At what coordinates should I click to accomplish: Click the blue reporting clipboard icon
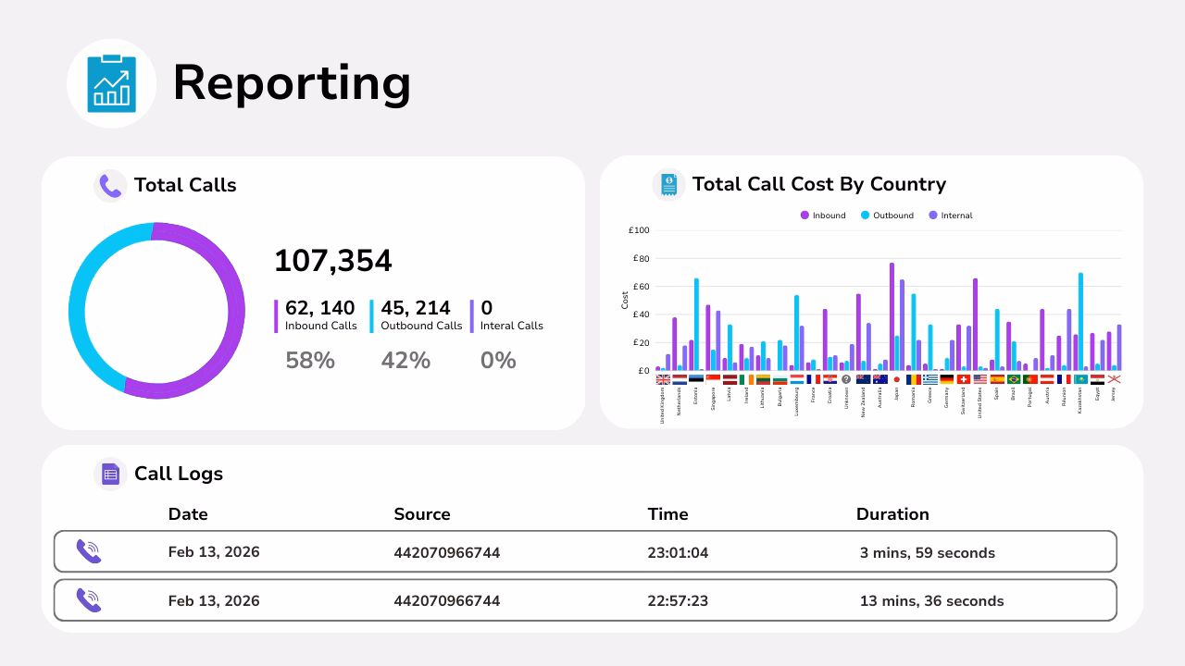point(111,83)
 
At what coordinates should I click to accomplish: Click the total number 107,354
point(333,261)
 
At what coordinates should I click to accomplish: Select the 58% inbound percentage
point(310,361)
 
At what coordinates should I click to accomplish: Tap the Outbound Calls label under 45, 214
point(421,326)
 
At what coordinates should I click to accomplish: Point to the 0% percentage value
point(498,361)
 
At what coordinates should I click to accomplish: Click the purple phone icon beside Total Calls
point(110,186)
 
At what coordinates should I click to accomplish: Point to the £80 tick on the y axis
point(641,259)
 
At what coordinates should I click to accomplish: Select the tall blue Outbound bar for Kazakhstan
point(1080,321)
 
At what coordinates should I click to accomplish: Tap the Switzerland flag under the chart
point(964,379)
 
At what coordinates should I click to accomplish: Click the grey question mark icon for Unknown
point(846,379)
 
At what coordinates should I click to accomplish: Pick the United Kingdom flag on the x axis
point(663,379)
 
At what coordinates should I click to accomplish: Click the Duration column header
point(892,514)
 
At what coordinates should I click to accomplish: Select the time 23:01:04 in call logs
point(678,553)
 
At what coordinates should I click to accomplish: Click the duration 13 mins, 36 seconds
point(931,601)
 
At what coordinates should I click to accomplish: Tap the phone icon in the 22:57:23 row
point(89,600)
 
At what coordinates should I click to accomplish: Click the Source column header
point(421,514)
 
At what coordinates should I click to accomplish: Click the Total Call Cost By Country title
point(818,184)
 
